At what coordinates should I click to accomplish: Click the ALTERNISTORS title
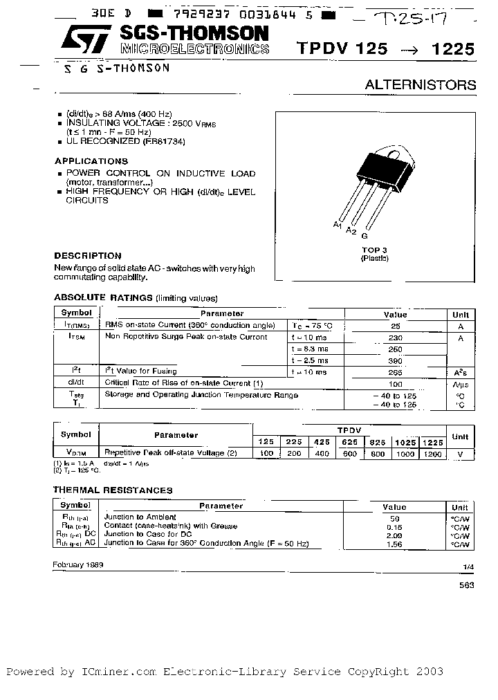421,85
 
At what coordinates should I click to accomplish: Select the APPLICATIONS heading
91,161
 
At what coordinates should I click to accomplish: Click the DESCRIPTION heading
88,255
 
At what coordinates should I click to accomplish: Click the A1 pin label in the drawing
338,225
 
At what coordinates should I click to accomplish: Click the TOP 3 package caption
374,250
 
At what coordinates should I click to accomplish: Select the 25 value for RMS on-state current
395,325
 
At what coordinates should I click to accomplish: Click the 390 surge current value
395,361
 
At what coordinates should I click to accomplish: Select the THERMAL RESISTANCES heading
113,490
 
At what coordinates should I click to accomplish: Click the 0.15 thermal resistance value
395,526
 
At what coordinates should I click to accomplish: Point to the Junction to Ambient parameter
140,517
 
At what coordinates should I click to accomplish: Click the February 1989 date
77,564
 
